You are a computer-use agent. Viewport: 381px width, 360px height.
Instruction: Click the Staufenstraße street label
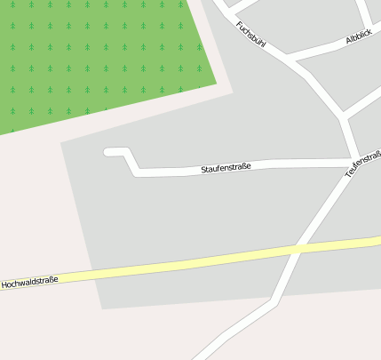(x=226, y=166)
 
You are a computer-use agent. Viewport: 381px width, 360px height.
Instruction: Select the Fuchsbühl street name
(x=250, y=34)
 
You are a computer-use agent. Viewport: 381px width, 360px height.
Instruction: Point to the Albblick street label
(x=360, y=36)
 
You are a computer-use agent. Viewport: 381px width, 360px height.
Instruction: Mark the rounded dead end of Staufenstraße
(x=108, y=152)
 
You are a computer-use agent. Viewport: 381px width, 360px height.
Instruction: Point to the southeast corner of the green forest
(x=216, y=84)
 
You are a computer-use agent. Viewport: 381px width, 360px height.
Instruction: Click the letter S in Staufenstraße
(x=203, y=169)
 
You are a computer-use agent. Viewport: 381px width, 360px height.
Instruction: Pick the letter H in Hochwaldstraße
(x=4, y=284)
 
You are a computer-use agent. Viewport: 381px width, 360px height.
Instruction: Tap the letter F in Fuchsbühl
(x=238, y=23)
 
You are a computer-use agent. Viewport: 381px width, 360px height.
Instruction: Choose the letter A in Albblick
(x=349, y=42)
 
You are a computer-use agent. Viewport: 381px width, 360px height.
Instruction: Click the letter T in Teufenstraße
(x=348, y=176)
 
